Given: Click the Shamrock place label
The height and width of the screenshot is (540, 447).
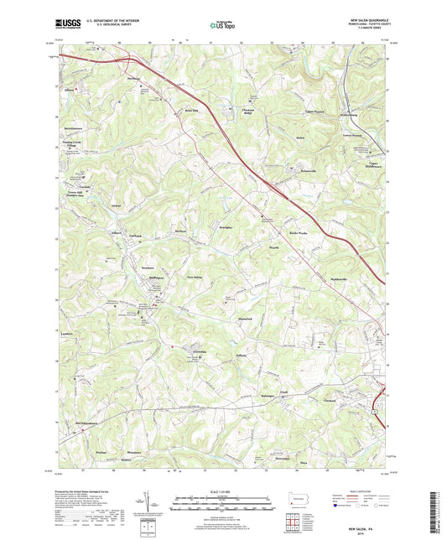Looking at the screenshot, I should click(x=245, y=319).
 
